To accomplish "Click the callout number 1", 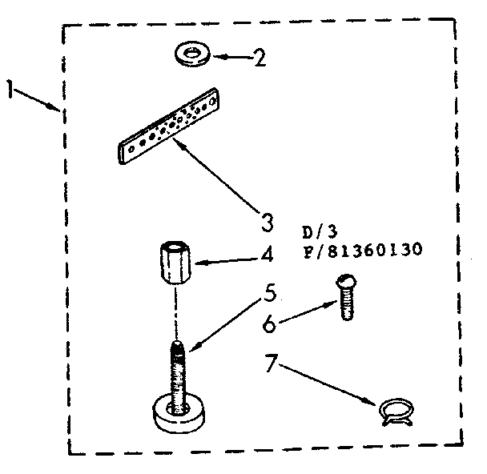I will pos(11,90).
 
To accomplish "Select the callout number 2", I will pos(260,58).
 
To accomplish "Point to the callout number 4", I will pos(267,255).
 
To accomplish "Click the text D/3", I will pos(320,232).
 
